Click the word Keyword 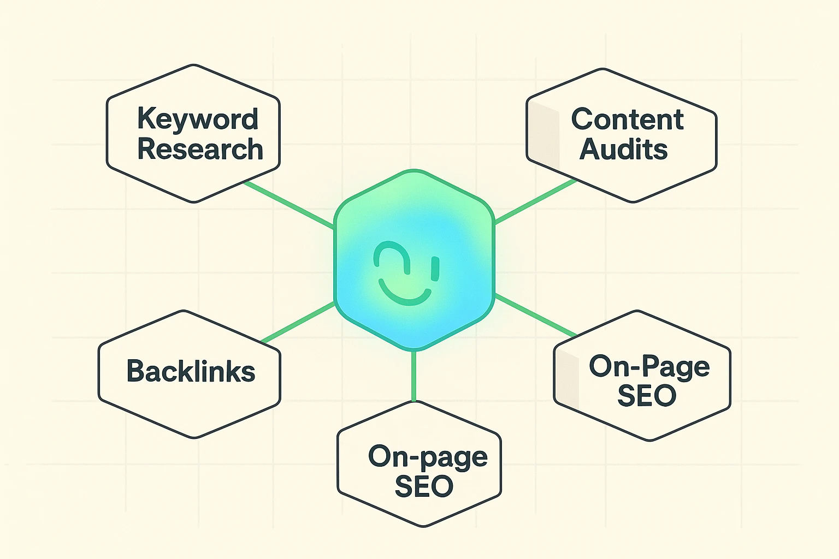197,119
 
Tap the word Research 200,149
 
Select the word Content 627,119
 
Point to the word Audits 623,149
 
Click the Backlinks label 191,371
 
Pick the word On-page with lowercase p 427,457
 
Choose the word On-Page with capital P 649,366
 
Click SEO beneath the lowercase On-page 424,486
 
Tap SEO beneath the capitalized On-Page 647,396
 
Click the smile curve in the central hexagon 405,293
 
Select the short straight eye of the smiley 435,268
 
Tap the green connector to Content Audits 535,201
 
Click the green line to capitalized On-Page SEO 535,316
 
